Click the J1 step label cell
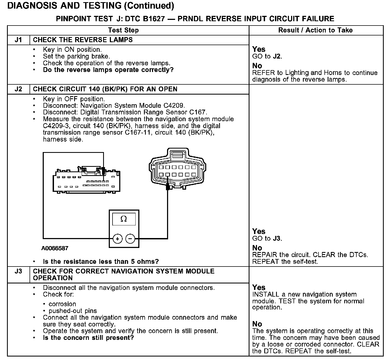click(18, 40)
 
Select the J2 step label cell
click(18, 89)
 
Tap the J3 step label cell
click(18, 271)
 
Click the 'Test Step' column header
click(123, 30)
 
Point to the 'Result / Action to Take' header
click(316, 30)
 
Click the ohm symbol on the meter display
click(124, 219)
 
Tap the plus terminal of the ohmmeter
click(117, 239)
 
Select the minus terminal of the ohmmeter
click(130, 239)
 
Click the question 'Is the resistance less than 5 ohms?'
click(101, 262)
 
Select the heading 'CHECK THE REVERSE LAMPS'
click(83, 40)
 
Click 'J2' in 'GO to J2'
click(277, 56)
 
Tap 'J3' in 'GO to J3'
click(277, 239)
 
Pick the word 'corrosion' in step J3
click(62, 304)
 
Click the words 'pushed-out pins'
click(73, 311)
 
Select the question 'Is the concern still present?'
click(88, 338)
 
